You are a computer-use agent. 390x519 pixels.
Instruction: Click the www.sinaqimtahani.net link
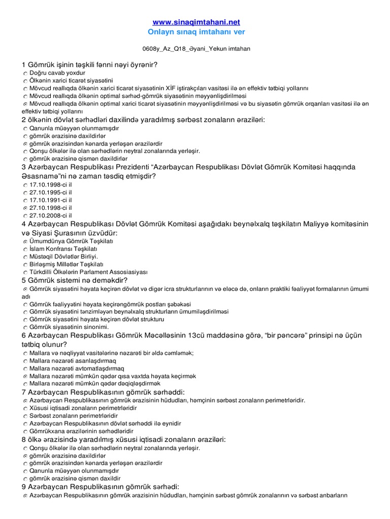[196, 22]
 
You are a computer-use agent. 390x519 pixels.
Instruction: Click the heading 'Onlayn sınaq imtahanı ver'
[196, 32]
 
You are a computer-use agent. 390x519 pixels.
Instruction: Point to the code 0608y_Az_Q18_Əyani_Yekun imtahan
[196, 49]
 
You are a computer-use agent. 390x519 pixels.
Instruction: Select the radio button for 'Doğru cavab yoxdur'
[25, 73]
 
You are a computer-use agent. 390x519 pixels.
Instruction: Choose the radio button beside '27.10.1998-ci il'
[25, 208]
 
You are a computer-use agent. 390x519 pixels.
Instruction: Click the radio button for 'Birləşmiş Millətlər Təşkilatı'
[25, 265]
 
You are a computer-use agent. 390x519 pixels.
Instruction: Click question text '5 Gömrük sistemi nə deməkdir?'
[75, 280]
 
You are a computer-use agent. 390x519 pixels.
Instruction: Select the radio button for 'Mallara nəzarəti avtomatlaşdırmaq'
[25, 368]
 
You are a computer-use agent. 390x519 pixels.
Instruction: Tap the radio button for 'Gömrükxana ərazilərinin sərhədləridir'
[25, 431]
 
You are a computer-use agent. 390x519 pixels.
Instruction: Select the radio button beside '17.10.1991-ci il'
[25, 200]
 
